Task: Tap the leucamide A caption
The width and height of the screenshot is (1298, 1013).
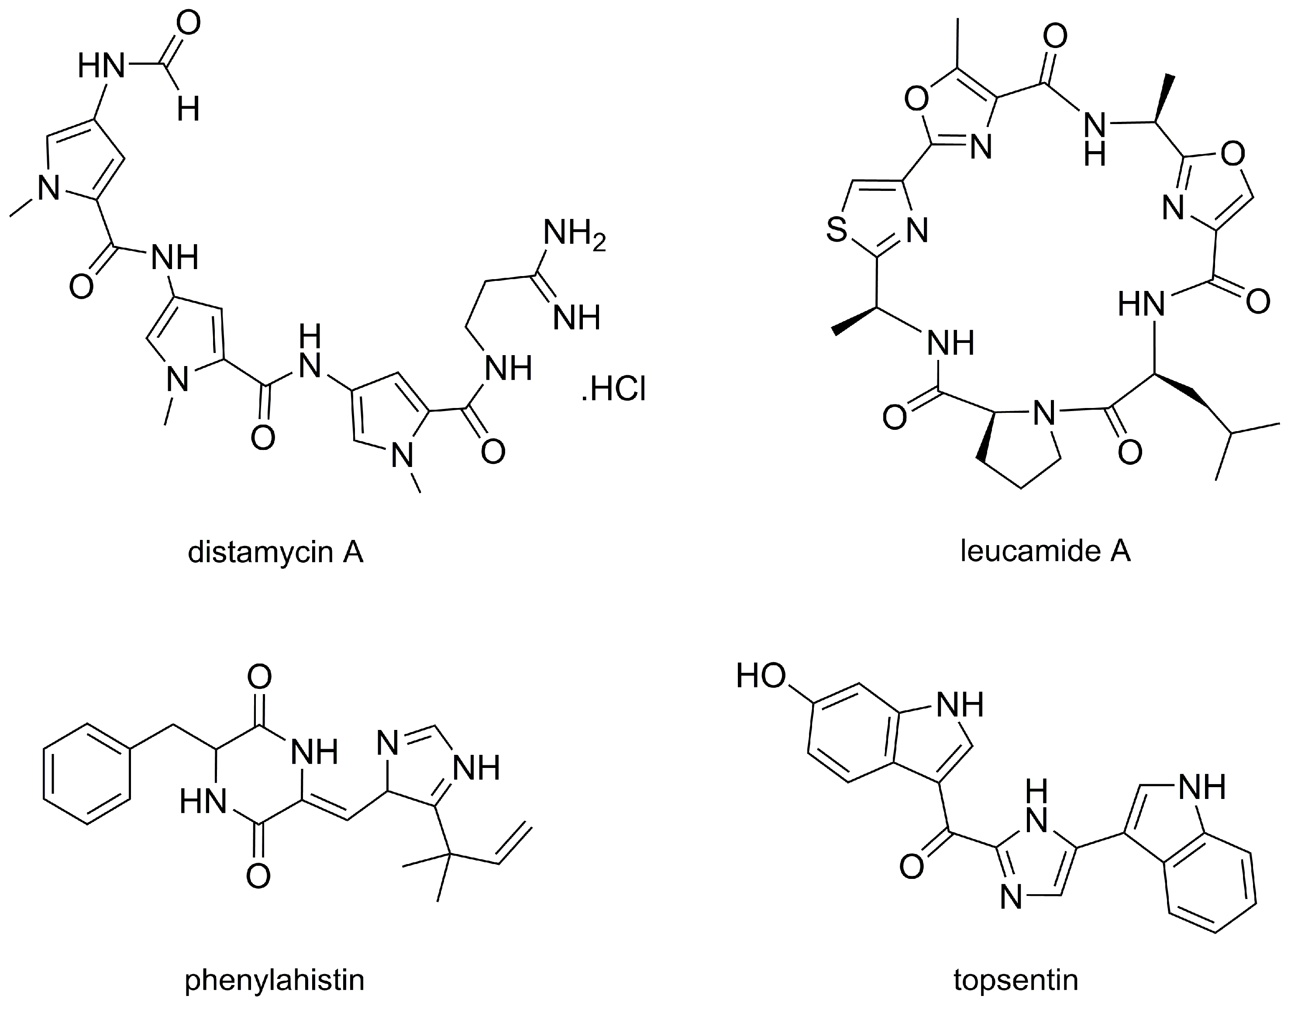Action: [1045, 552]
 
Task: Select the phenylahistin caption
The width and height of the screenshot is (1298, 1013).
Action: [274, 980]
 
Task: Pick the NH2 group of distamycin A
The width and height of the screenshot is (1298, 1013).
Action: [574, 232]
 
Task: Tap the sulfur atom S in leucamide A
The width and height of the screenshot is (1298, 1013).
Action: [837, 230]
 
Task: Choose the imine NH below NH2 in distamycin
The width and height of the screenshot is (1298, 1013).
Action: [576, 318]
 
